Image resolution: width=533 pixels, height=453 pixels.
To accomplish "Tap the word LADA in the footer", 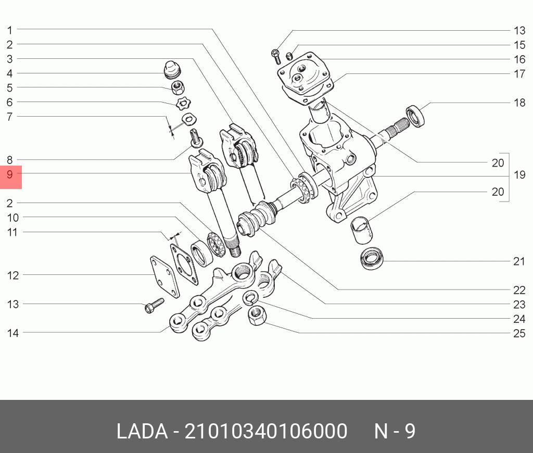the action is (142, 431).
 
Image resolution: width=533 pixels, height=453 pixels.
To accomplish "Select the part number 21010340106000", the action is (265, 431).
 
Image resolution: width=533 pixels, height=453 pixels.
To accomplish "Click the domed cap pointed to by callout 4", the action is (172, 70).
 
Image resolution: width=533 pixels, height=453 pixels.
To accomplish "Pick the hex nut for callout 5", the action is (177, 88).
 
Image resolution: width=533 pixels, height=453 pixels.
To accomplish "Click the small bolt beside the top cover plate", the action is (276, 57).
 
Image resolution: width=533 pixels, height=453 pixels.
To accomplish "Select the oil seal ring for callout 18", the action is (416, 116).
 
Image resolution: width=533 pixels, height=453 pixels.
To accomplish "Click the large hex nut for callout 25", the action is (257, 316).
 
